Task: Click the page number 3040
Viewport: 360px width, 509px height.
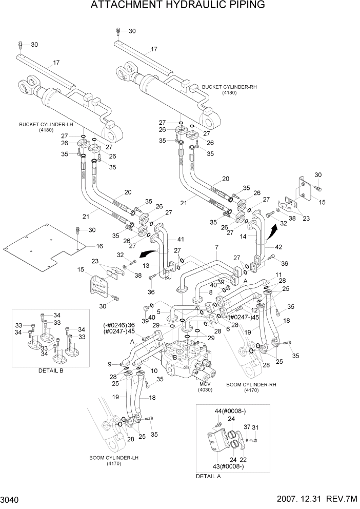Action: [13, 500]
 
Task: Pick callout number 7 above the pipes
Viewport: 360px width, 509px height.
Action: [217, 247]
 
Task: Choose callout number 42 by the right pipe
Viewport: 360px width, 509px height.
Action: [279, 247]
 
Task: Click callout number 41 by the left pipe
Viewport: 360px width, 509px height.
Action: [180, 240]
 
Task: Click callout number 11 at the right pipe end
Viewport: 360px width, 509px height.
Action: [279, 275]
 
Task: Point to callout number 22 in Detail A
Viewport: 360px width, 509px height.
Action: [243, 459]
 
